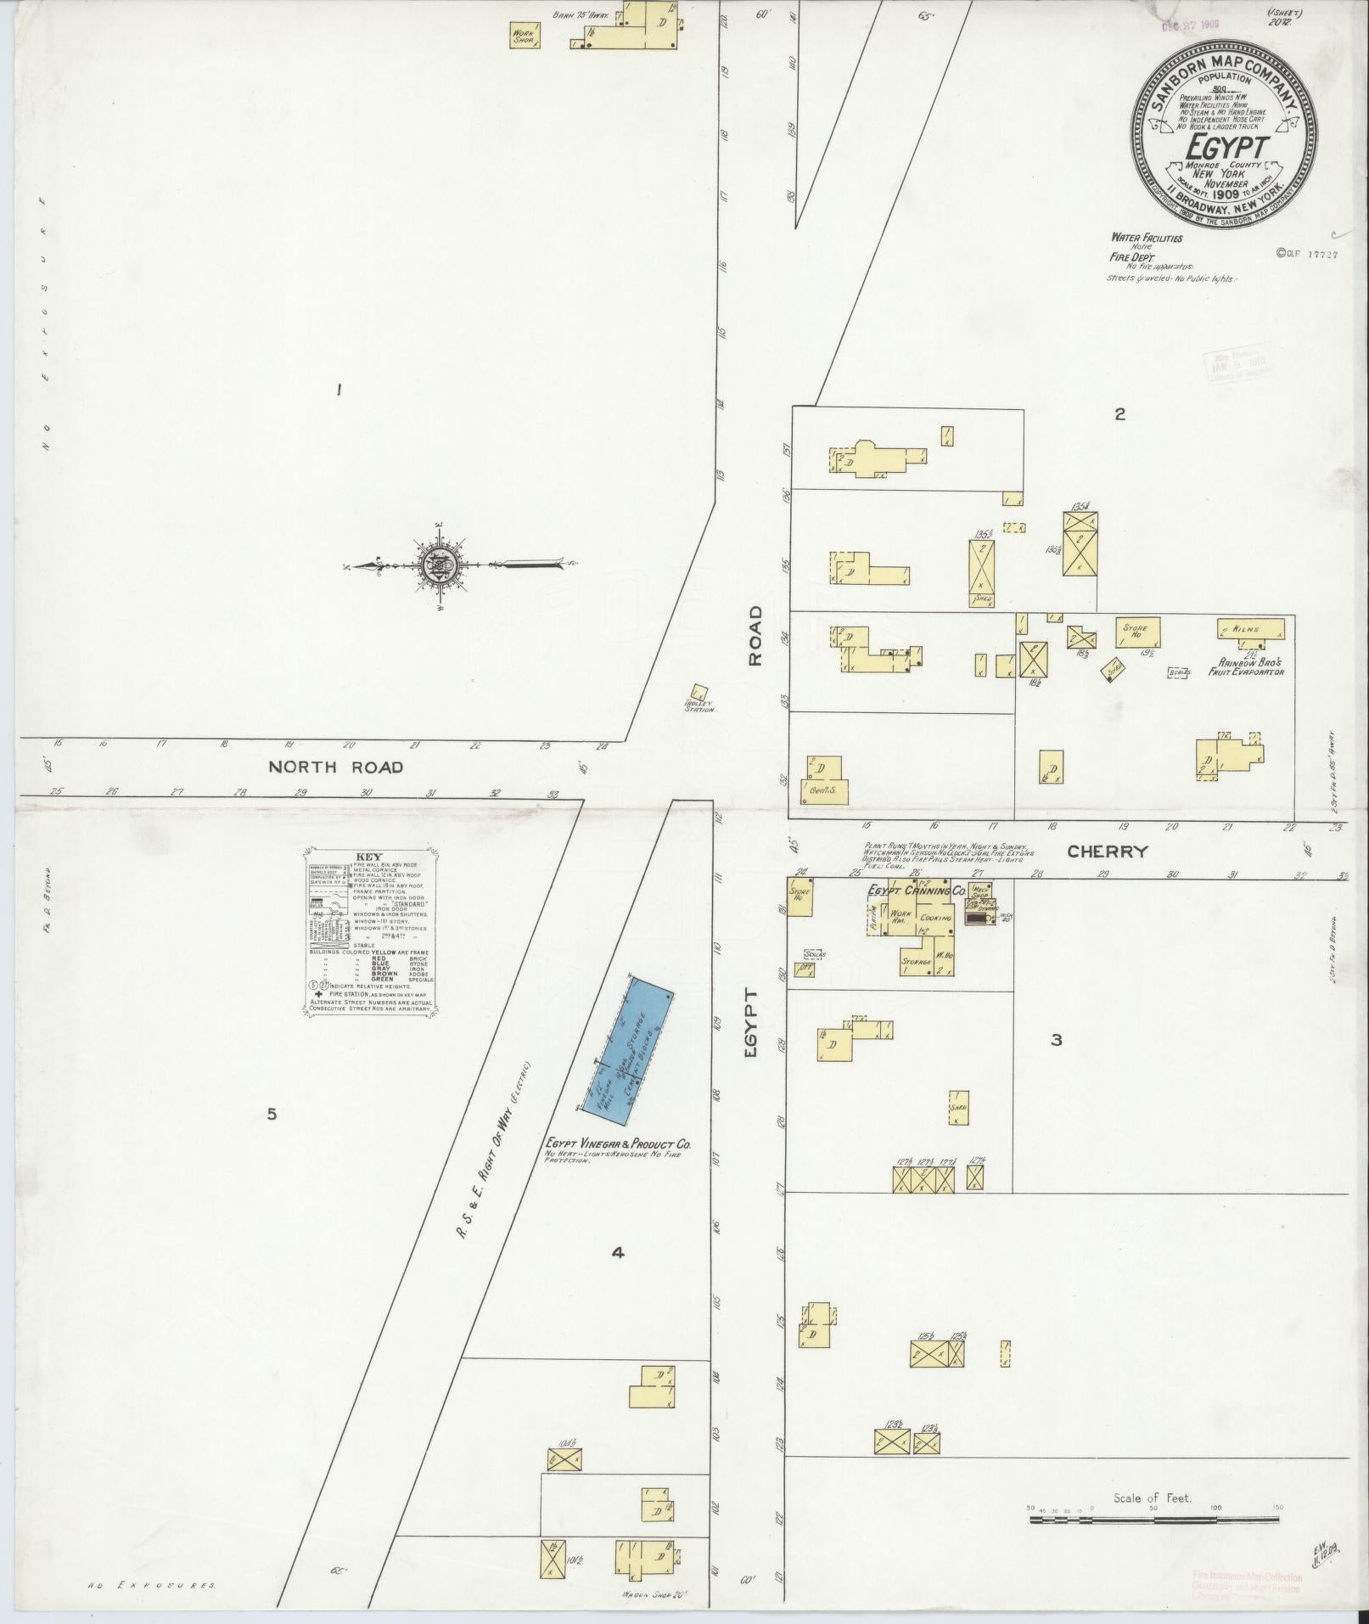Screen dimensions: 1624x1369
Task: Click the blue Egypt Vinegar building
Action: pos(629,1046)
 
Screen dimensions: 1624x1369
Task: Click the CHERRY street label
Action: pos(1107,851)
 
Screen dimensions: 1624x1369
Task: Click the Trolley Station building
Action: pos(700,693)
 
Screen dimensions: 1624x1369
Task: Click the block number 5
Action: pos(271,1114)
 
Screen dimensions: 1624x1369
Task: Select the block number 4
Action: pos(618,1251)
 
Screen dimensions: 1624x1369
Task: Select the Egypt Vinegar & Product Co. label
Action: pos(619,1144)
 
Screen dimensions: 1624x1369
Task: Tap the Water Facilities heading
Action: pos(1146,239)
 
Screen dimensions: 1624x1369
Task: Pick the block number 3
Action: pos(1056,1040)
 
